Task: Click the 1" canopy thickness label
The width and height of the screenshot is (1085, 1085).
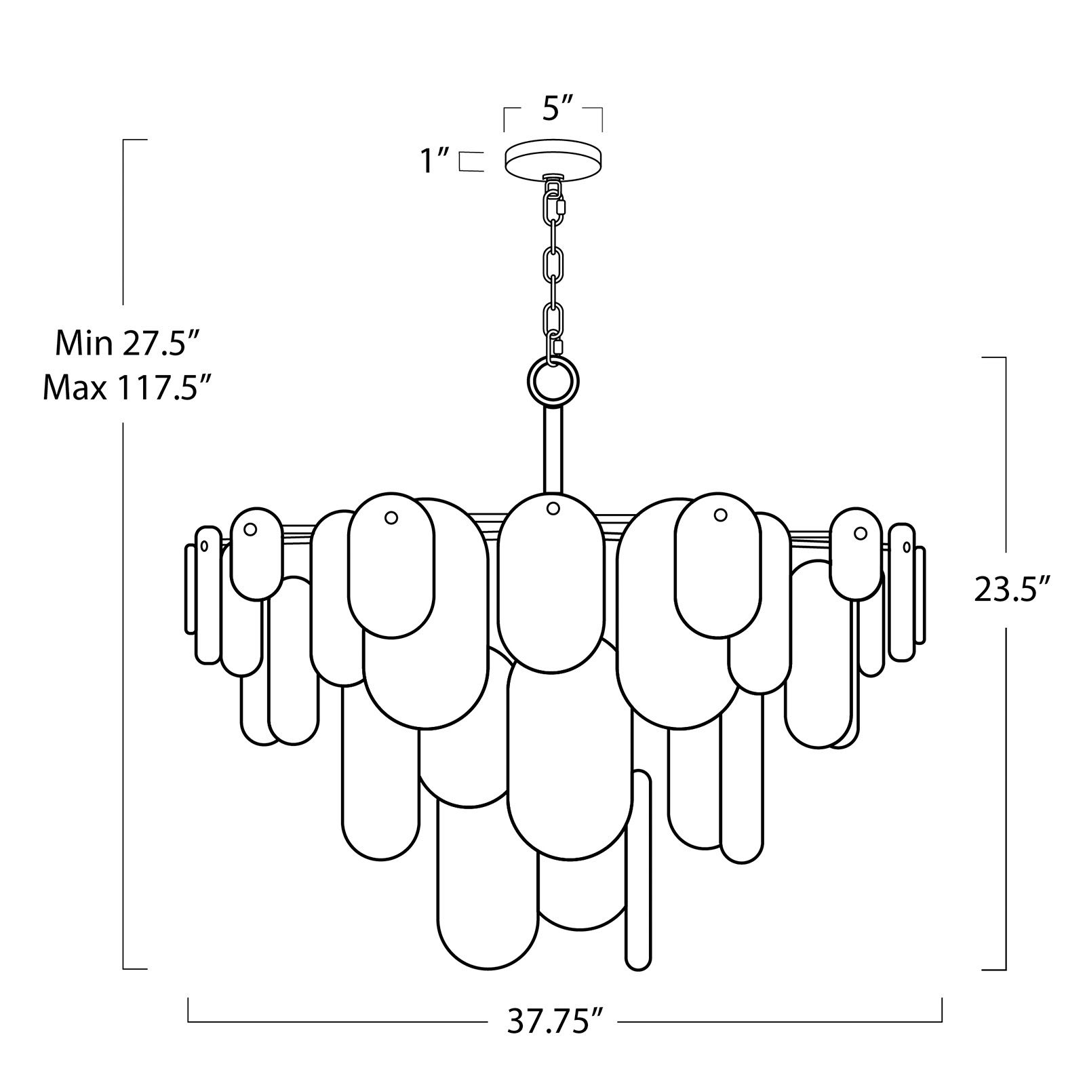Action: (x=435, y=161)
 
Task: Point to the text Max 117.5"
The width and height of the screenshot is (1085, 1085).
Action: (x=123, y=389)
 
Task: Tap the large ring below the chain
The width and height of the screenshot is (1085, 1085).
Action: (x=553, y=382)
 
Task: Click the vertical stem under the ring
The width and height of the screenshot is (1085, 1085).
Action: (x=553, y=448)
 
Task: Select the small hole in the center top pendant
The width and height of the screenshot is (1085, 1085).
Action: (x=553, y=507)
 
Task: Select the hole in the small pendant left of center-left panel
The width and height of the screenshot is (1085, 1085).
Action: (x=250, y=528)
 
